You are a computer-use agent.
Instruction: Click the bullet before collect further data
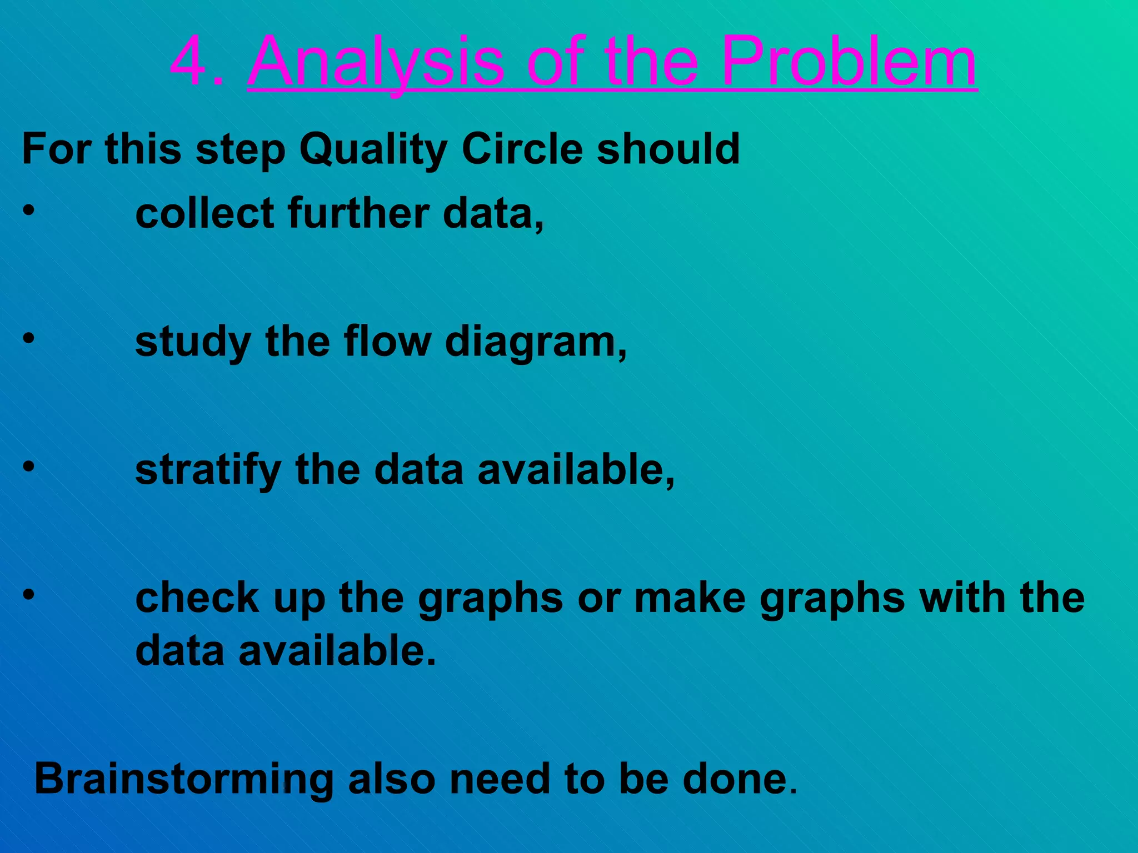(x=29, y=210)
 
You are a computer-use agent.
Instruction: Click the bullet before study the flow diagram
(x=29, y=338)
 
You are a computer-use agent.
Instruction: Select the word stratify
(x=208, y=471)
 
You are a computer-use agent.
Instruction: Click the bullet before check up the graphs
(x=29, y=595)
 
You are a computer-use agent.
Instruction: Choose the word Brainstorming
(x=184, y=780)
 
